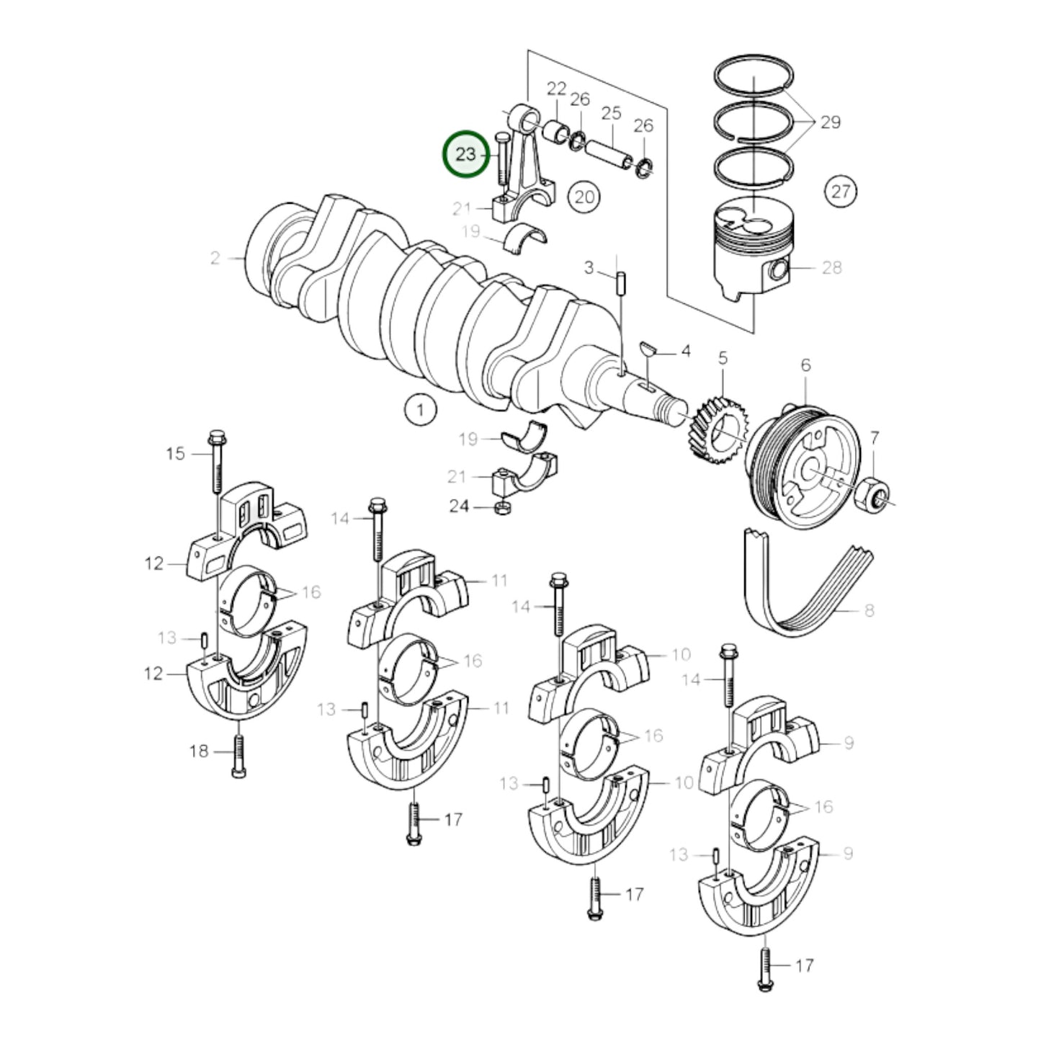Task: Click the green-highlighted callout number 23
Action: point(465,154)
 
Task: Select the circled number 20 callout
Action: point(584,196)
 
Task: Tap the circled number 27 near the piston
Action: point(841,192)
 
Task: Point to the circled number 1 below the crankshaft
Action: point(420,411)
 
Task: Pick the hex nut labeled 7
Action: point(872,495)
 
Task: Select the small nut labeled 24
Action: point(499,509)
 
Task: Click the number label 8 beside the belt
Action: point(869,611)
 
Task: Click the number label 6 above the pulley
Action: point(805,365)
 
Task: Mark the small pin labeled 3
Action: point(620,282)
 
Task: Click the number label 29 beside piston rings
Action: point(830,122)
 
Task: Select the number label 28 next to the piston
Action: point(831,268)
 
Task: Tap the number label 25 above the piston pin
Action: point(611,113)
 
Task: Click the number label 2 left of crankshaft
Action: point(215,258)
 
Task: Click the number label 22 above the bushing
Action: point(556,89)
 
